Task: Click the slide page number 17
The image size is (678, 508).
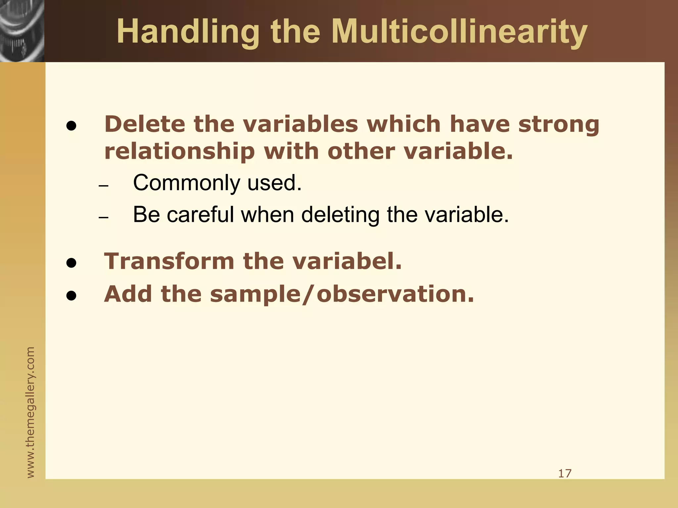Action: (x=565, y=474)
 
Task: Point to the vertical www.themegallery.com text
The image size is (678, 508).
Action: (x=30, y=412)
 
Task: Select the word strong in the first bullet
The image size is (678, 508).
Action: (x=559, y=125)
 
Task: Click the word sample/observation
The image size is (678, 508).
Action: (x=342, y=294)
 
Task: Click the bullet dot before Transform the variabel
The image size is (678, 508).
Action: (x=71, y=263)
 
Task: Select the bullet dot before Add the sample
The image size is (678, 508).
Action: (x=71, y=296)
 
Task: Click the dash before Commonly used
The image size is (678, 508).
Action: (x=104, y=186)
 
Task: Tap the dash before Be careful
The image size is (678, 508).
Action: (x=104, y=218)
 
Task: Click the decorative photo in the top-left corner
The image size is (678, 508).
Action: (x=22, y=30)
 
